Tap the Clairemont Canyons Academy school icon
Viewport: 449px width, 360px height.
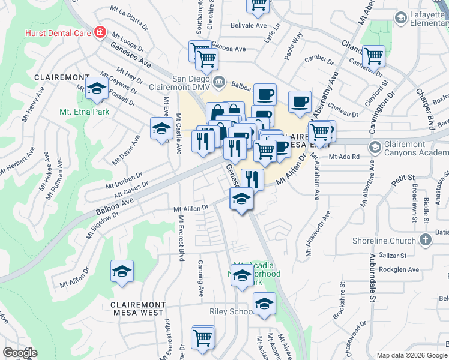(x=375, y=147)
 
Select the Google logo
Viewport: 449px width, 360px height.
(x=20, y=352)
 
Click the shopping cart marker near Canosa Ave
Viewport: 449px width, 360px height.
(x=206, y=58)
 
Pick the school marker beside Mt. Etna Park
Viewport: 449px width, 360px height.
(x=95, y=88)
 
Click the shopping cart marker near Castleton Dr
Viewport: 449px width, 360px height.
(x=373, y=56)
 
